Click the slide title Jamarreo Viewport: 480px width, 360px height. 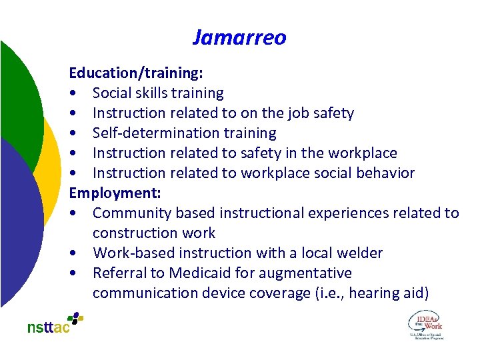[239, 37]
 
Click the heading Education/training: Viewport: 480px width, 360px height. [136, 73]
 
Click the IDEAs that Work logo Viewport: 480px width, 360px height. [425, 325]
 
